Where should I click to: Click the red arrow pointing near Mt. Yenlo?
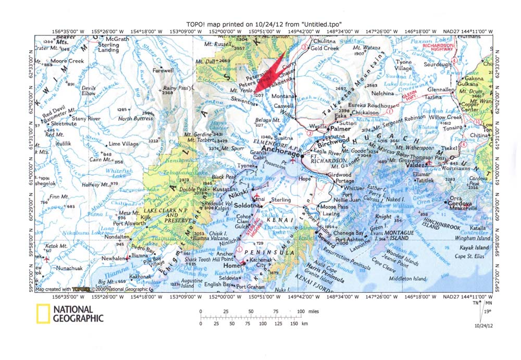[270, 72]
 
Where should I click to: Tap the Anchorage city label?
[281, 149]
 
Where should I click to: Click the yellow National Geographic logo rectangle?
[43, 314]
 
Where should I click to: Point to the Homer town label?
[234, 266]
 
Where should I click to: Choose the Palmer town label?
[339, 128]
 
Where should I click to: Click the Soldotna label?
[249, 205]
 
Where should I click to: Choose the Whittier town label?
[354, 188]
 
